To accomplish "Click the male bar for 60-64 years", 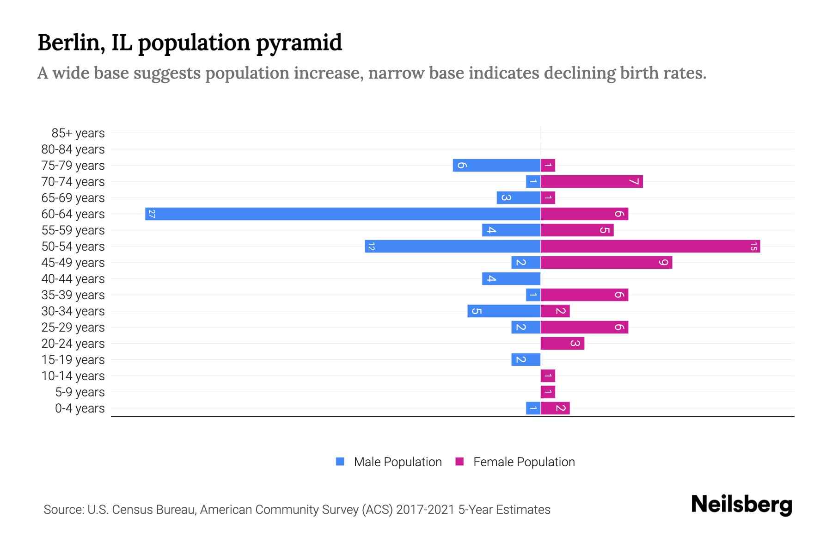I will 343,214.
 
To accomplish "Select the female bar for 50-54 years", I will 650,246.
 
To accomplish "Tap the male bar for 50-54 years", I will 453,246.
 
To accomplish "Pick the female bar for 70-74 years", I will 592,181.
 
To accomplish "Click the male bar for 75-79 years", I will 496,165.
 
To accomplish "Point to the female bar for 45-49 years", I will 606,262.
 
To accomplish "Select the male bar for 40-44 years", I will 511,278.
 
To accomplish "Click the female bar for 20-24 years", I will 562,343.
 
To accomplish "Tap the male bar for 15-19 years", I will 526,359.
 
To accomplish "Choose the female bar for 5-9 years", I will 548,392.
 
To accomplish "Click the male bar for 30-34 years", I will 503,311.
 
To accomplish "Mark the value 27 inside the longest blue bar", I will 152,214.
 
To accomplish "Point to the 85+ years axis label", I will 78,133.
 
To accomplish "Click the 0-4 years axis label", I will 80,408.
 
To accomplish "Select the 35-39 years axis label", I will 73,295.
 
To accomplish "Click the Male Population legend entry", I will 397,462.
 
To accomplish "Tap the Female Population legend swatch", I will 459,462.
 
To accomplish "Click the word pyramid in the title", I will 299,43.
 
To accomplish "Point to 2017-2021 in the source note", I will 425,510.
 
